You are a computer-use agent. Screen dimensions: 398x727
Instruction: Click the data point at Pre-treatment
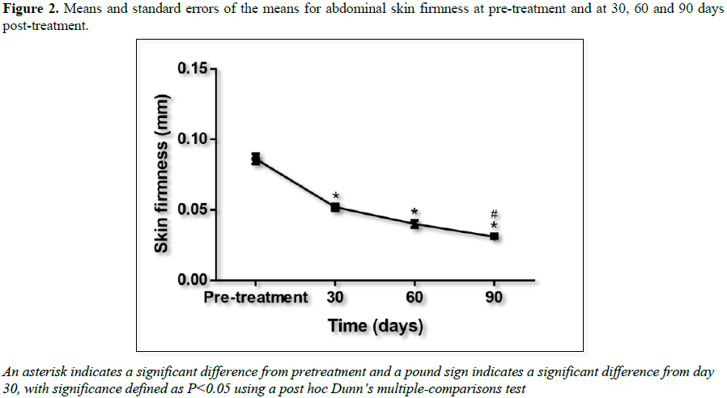(x=256, y=159)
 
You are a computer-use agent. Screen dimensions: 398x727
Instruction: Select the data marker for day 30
(x=335, y=207)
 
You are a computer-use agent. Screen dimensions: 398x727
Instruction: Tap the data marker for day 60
(x=415, y=223)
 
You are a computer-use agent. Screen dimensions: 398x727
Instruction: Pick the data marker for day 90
(x=494, y=236)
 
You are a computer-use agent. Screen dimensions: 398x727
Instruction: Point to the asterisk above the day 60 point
(x=415, y=212)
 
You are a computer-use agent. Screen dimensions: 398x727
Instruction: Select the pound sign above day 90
(x=494, y=214)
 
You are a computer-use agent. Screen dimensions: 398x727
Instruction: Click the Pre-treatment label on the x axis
(x=256, y=298)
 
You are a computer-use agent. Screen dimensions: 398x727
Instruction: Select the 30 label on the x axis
(x=335, y=298)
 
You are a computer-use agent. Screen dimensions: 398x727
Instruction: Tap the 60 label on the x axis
(x=415, y=298)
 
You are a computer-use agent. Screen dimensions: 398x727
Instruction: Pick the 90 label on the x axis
(x=494, y=298)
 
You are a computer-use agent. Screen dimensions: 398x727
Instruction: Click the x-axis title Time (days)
(x=376, y=326)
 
